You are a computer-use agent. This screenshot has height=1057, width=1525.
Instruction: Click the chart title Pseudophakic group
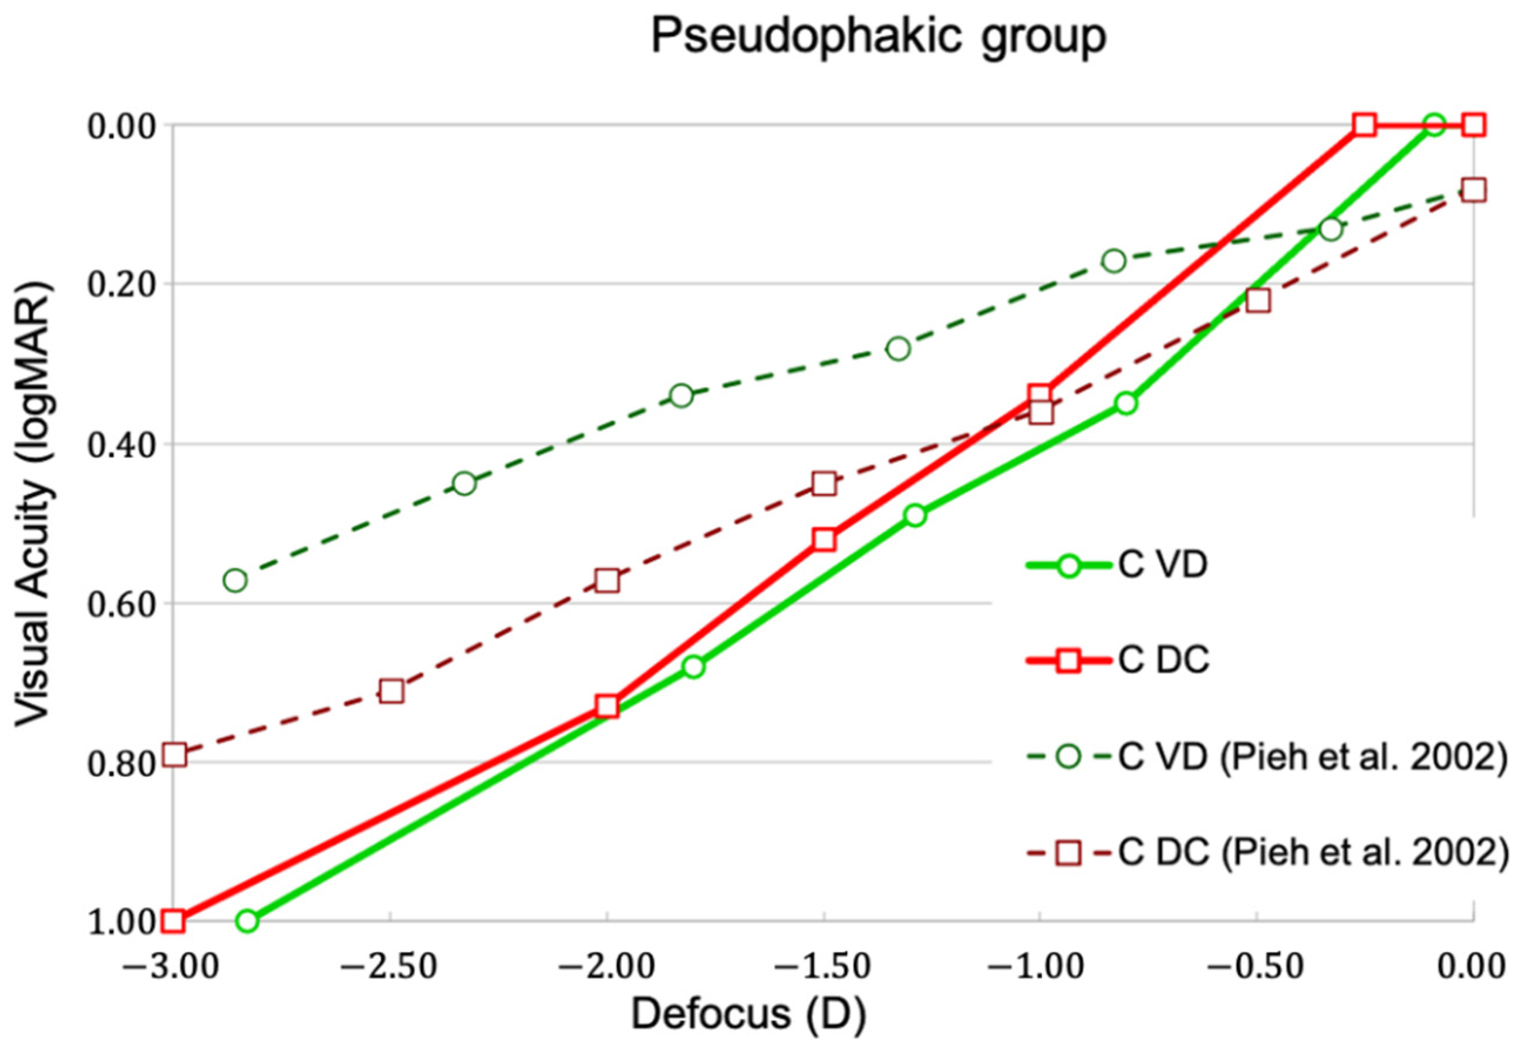[879, 36]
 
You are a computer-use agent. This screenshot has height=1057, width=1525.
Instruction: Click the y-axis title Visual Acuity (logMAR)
[33, 504]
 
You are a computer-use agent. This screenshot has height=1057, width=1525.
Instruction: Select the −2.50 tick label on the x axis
[389, 967]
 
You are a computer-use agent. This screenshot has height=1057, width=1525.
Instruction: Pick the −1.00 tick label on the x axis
[1038, 967]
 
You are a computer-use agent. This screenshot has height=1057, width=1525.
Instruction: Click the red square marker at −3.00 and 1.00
[174, 921]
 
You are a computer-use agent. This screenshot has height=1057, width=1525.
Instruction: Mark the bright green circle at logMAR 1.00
[247, 921]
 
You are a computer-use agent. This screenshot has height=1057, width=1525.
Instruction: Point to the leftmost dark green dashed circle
[235, 581]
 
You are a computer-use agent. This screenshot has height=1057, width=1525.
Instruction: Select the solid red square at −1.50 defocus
[824, 540]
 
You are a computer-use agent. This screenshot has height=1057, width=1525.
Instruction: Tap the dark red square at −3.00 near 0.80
[175, 755]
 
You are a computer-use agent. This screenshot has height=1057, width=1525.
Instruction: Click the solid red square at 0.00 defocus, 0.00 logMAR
[1473, 124]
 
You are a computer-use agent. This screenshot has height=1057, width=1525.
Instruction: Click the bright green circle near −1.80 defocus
[693, 666]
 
